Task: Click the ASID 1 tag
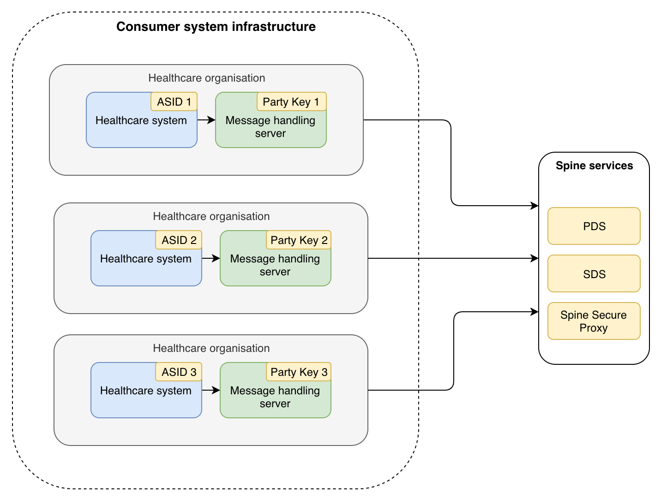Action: (174, 101)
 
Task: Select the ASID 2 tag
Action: (179, 240)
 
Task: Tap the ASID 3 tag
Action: (179, 372)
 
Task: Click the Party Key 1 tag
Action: (291, 101)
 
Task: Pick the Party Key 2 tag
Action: (299, 240)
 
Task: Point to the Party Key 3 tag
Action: (299, 372)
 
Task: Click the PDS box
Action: (594, 226)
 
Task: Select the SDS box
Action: (594, 274)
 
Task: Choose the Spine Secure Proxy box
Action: (594, 321)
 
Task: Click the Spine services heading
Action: (594, 166)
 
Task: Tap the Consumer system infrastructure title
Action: (216, 27)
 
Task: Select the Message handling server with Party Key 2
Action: (275, 265)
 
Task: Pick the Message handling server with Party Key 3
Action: (275, 397)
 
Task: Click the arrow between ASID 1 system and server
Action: (206, 120)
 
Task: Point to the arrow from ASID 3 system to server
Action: (211, 390)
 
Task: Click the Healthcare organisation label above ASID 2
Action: (211, 216)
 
